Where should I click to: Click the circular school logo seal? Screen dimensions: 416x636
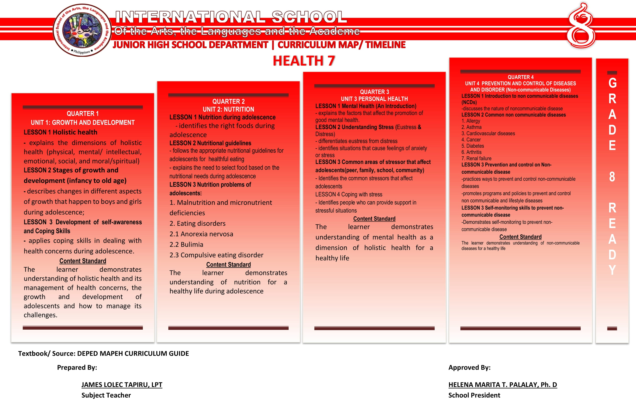[x=82, y=30]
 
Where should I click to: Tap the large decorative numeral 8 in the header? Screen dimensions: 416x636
[x=581, y=27]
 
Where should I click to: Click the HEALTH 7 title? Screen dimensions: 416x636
[x=304, y=61]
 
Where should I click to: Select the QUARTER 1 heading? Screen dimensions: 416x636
[x=83, y=114]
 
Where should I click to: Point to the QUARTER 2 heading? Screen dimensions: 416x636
[x=228, y=101]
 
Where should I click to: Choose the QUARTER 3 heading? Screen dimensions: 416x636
[x=375, y=92]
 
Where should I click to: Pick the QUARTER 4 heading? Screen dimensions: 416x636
[x=520, y=77]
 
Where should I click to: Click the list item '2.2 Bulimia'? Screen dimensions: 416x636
[x=186, y=244]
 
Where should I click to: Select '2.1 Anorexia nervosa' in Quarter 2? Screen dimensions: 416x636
[x=201, y=234]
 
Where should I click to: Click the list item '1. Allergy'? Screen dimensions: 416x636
[x=471, y=121]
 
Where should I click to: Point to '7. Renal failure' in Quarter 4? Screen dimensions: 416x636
[x=476, y=159]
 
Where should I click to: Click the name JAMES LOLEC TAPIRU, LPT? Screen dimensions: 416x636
[x=122, y=384]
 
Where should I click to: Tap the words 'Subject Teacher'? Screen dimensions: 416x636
[x=106, y=395]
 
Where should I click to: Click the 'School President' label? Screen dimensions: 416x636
[x=474, y=395]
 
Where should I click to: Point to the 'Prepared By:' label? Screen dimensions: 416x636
[x=77, y=367]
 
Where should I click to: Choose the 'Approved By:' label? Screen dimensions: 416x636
[x=469, y=367]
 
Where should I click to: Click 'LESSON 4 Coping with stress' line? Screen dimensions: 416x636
[x=349, y=194]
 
